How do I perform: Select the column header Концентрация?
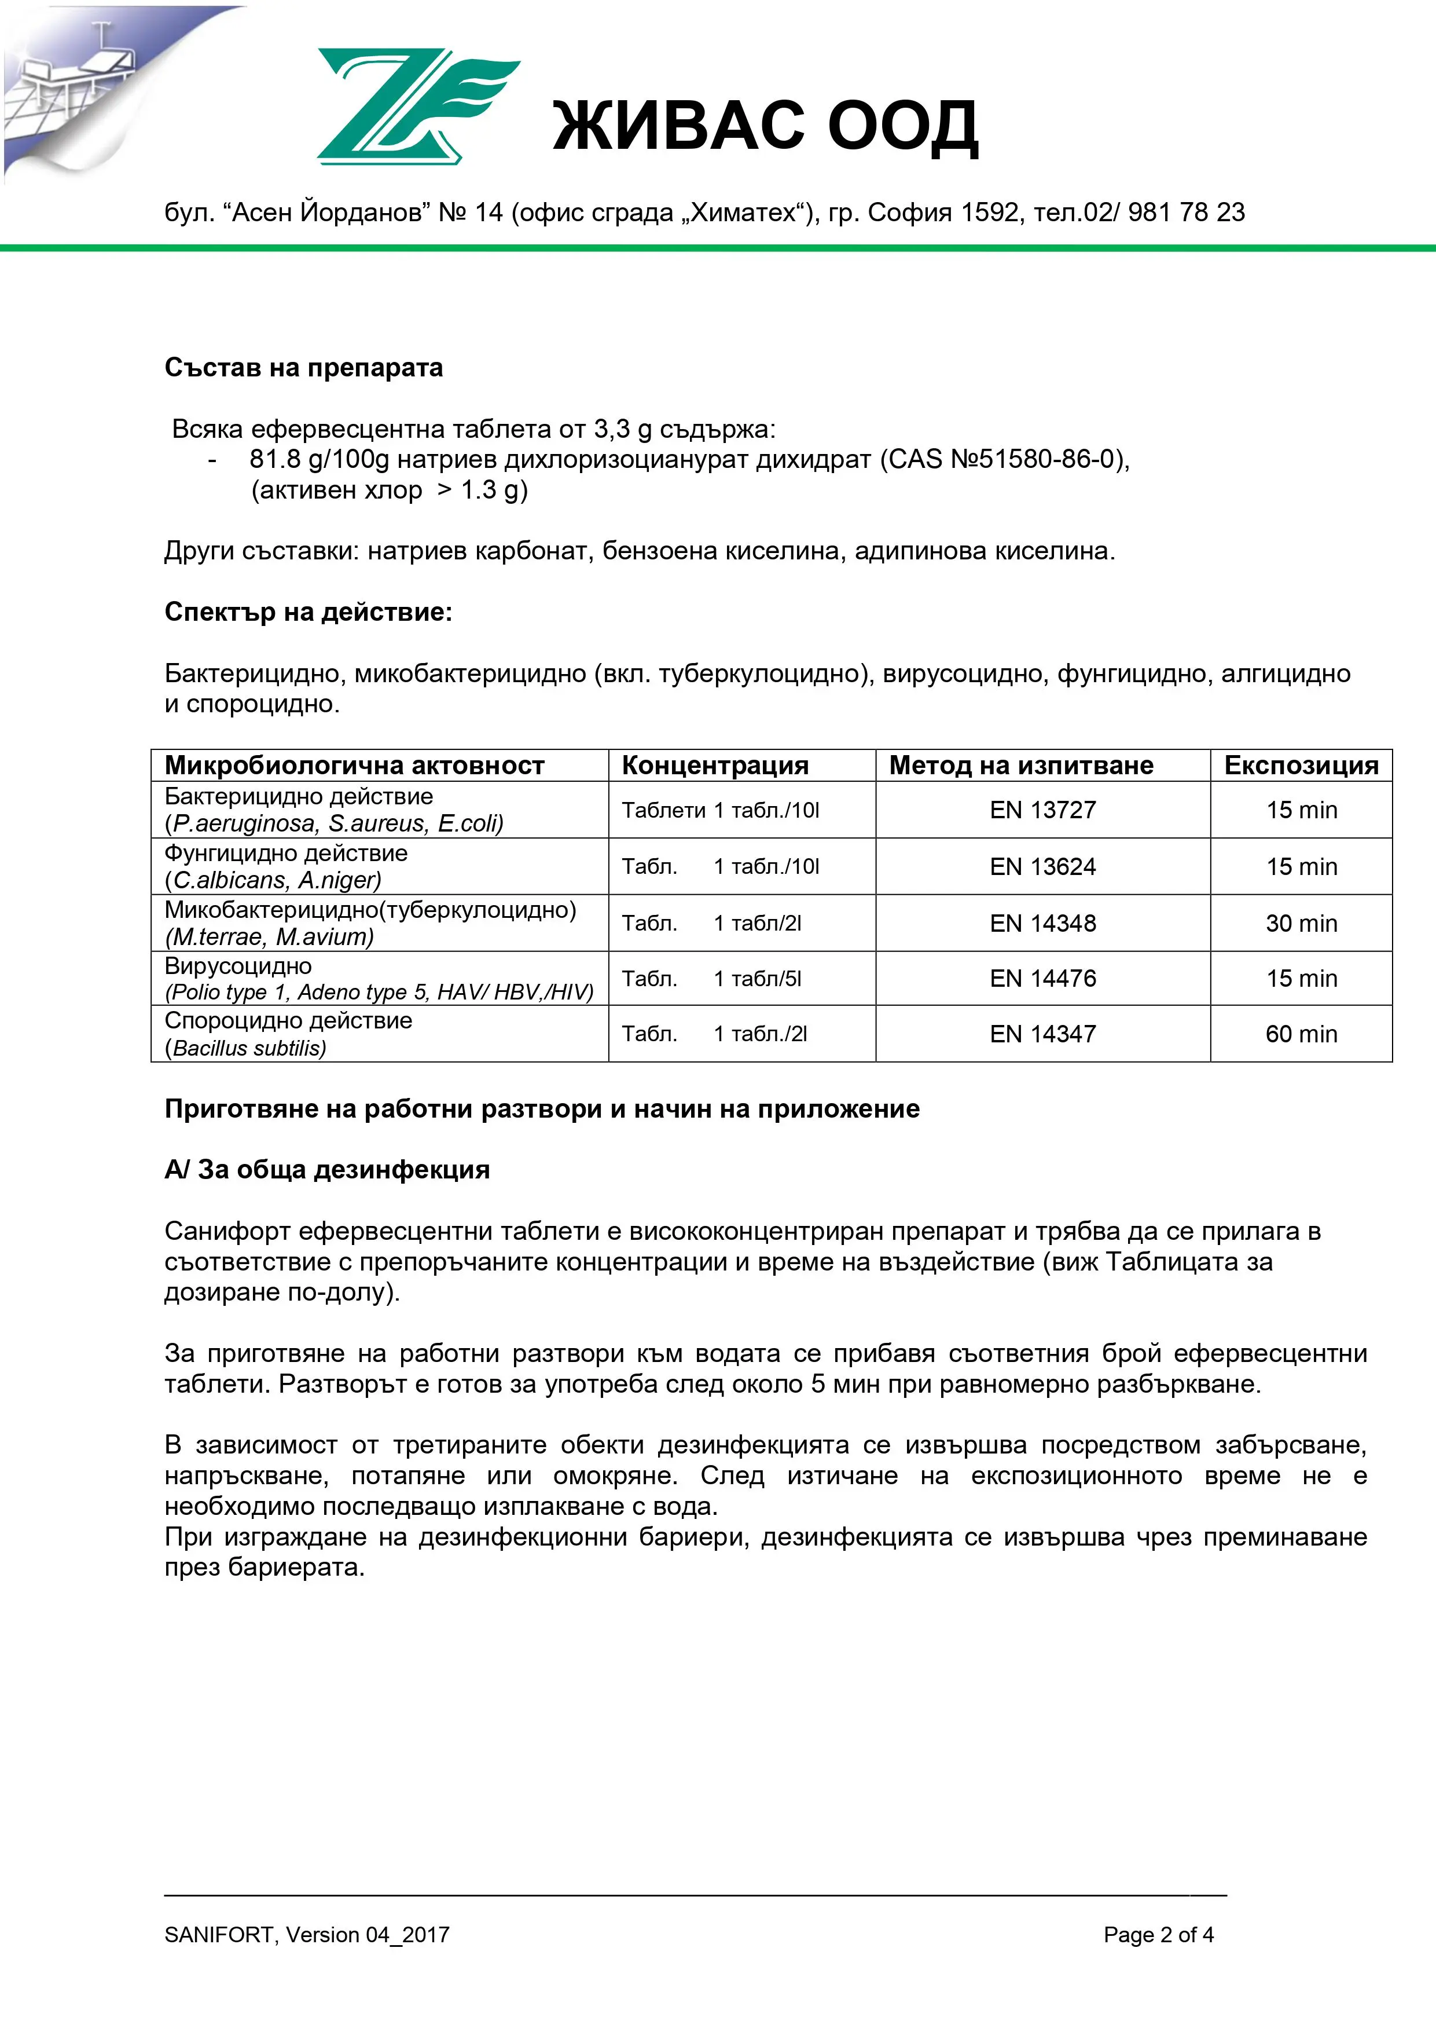pyautogui.click(x=715, y=766)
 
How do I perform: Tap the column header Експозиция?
pyautogui.click(x=1301, y=766)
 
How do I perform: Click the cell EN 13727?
pyautogui.click(x=1042, y=810)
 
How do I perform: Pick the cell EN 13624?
pyautogui.click(x=1042, y=866)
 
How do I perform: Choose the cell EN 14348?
pyautogui.click(x=1042, y=923)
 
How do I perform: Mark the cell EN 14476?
pyautogui.click(x=1042, y=978)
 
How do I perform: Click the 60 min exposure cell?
pyautogui.click(x=1301, y=1034)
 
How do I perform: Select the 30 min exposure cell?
pyautogui.click(x=1301, y=923)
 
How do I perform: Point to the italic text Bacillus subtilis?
pyautogui.click(x=249, y=1049)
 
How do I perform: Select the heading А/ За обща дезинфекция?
pyautogui.click(x=326, y=1169)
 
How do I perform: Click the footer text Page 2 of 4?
pyautogui.click(x=1158, y=1935)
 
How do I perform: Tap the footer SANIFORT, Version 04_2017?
pyautogui.click(x=306, y=1935)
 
